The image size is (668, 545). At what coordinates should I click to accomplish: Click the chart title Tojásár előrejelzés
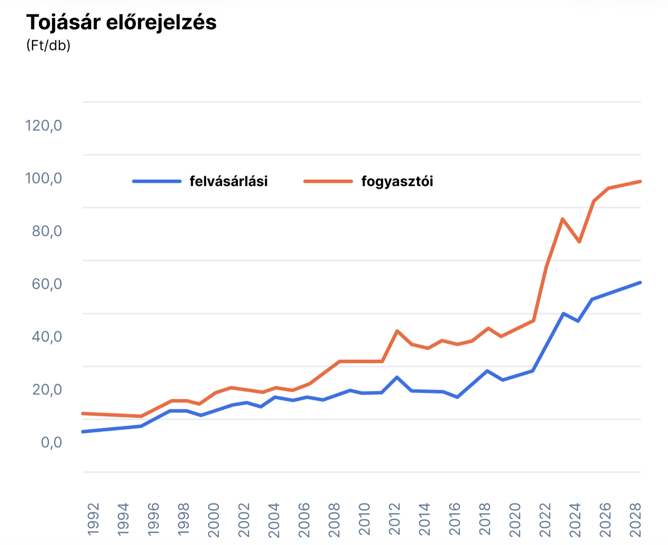(x=121, y=22)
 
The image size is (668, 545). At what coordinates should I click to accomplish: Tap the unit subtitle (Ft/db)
(x=48, y=45)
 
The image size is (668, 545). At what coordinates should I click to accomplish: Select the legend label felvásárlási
(x=229, y=181)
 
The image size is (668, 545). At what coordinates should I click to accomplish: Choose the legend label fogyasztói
(x=397, y=181)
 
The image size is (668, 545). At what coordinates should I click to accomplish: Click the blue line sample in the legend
(x=157, y=181)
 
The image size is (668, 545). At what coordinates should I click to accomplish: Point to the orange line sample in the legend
(x=328, y=181)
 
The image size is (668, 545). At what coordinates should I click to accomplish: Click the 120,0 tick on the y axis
(x=43, y=126)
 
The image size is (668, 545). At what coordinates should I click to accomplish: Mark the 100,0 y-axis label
(x=43, y=178)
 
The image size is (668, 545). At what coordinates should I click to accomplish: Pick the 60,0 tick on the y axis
(x=46, y=284)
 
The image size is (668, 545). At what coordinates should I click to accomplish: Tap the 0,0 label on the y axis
(x=51, y=442)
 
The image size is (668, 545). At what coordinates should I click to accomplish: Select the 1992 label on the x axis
(x=93, y=519)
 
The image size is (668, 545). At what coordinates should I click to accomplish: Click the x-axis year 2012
(x=395, y=519)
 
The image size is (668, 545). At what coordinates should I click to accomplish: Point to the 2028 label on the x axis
(x=636, y=519)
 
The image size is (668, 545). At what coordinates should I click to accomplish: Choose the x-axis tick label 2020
(x=515, y=519)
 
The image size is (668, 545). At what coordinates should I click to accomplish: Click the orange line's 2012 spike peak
(x=397, y=331)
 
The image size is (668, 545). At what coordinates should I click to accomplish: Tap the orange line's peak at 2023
(x=562, y=219)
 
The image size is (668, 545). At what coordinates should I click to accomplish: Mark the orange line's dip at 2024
(x=579, y=242)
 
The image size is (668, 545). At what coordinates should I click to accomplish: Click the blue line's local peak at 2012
(x=397, y=377)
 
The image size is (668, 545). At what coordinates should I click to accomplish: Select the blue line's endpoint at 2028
(x=640, y=283)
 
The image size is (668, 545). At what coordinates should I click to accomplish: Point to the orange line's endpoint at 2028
(x=640, y=182)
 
